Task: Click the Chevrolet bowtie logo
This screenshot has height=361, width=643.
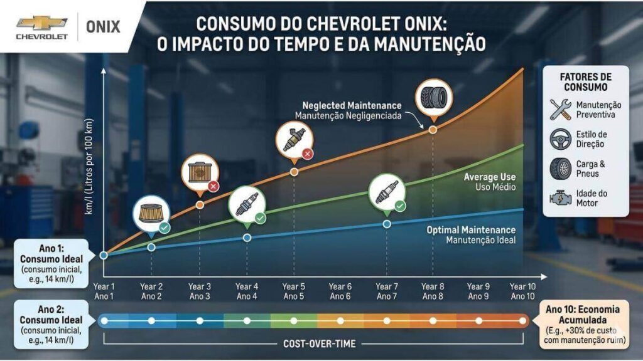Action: (x=41, y=23)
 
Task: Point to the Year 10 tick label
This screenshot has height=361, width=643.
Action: (x=522, y=291)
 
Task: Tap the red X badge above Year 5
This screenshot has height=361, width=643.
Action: (x=308, y=154)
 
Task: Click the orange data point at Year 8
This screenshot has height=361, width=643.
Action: (x=433, y=129)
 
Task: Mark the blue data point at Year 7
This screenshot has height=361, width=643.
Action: (x=387, y=224)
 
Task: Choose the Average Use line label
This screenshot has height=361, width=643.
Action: (x=489, y=182)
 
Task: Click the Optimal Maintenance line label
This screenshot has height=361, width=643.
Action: (x=471, y=235)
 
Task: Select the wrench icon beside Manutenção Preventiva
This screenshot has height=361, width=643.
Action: (x=559, y=110)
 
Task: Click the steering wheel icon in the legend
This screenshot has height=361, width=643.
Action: (x=559, y=139)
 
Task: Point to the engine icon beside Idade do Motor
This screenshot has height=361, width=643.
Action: (x=559, y=198)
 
